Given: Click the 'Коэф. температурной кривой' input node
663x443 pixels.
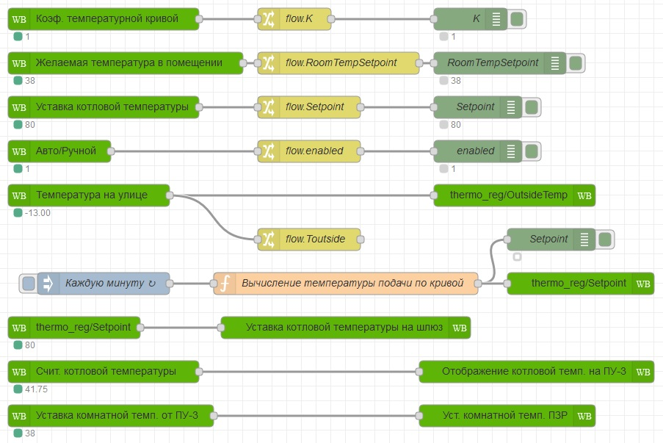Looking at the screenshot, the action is click(x=104, y=19).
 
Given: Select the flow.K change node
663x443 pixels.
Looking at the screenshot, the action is click(x=294, y=19).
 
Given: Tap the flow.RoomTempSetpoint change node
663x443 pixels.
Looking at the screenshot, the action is click(x=338, y=63).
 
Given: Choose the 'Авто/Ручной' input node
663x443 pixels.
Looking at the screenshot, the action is click(x=59, y=151).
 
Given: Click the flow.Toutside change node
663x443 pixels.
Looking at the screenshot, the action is click(x=309, y=239).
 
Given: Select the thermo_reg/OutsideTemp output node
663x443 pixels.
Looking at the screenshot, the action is click(x=515, y=195).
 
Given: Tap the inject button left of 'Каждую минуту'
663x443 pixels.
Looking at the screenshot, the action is click(x=29, y=284).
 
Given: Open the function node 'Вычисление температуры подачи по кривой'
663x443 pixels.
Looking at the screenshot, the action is click(x=346, y=284).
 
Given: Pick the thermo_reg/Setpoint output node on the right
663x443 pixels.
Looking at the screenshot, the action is click(x=581, y=284).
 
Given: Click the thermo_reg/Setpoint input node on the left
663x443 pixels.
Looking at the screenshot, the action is click(x=74, y=328).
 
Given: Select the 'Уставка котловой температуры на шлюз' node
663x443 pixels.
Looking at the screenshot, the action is click(x=346, y=328).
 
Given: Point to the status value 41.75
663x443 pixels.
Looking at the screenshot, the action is click(x=36, y=389).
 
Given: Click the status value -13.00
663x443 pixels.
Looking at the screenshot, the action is click(x=37, y=213).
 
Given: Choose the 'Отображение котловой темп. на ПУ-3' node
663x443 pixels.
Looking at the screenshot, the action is click(x=537, y=372).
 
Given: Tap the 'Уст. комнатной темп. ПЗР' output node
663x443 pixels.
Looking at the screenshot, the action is click(x=507, y=416).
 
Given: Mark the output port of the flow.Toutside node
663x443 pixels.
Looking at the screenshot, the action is click(x=361, y=239).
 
